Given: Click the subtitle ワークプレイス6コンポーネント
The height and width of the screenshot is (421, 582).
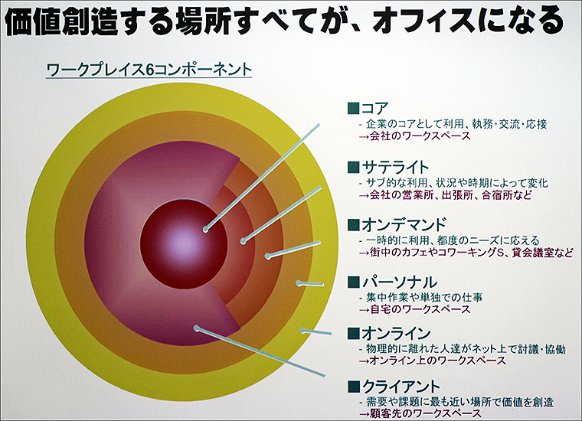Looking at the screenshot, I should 149,69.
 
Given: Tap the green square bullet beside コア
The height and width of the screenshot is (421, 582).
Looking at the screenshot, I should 353,108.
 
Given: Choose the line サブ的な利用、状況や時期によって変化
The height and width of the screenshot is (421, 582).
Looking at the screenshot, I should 459,183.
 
